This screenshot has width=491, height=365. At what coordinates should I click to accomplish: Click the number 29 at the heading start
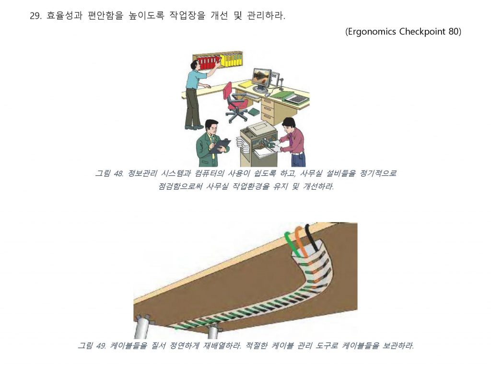tap(35, 16)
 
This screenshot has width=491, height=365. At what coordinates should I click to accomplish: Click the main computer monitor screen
tap(261, 79)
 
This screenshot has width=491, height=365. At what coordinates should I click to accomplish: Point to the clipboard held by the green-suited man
tap(221, 146)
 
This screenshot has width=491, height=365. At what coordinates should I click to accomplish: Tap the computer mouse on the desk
tap(267, 94)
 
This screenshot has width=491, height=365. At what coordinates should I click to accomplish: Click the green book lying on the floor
tap(254, 112)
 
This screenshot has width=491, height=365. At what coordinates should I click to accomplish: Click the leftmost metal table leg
tap(141, 326)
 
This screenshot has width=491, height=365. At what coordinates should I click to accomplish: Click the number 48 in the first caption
tap(118, 173)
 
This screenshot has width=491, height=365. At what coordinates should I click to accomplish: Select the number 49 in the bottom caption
tap(102, 346)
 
